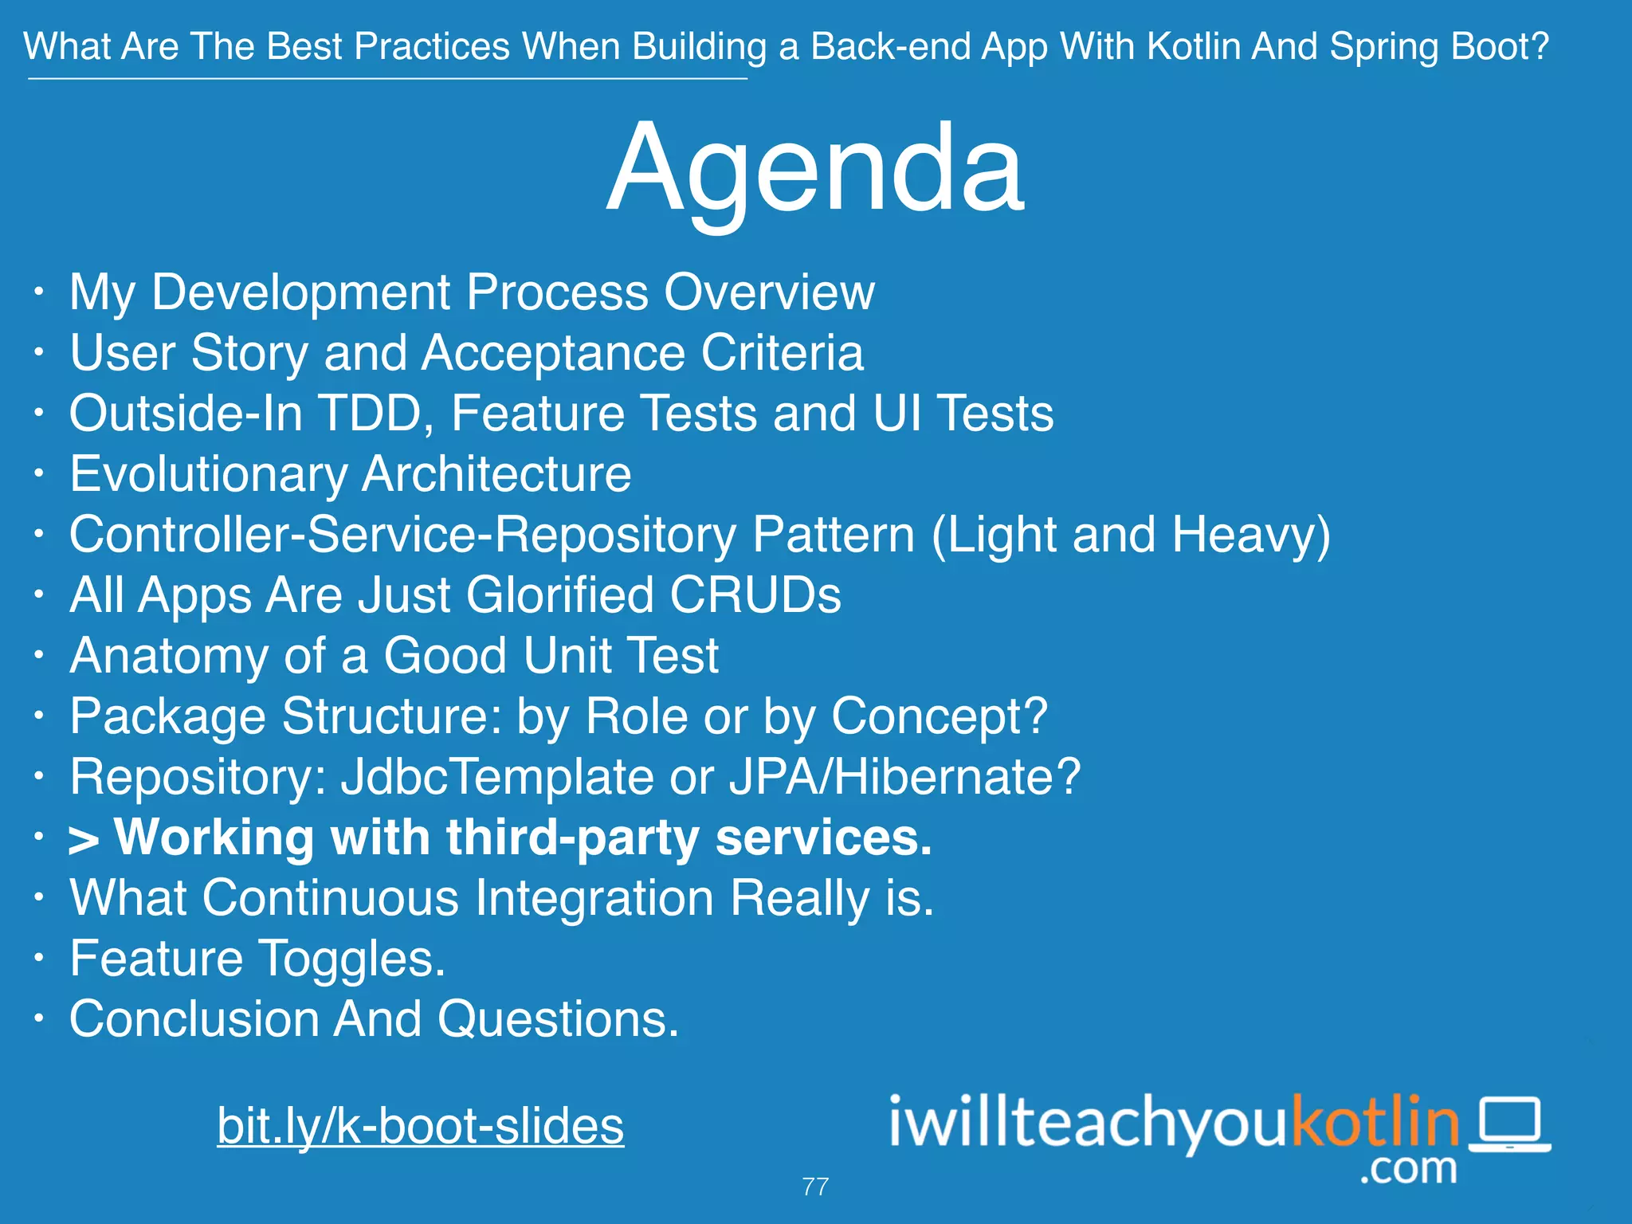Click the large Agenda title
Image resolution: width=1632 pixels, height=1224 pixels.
pos(814,169)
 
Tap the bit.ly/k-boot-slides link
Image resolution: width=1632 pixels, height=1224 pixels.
pos(420,1125)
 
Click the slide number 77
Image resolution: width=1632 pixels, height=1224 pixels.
pos(815,1187)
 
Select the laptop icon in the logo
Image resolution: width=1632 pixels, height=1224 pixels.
pos(1509,1124)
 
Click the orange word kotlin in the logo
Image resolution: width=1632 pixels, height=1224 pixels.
pos(1374,1122)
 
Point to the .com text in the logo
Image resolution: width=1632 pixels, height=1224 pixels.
pos(1408,1169)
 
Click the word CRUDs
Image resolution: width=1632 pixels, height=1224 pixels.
pos(755,595)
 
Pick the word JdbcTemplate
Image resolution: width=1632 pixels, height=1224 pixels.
pos(497,777)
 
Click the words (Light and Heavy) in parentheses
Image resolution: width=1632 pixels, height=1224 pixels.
pos(1131,535)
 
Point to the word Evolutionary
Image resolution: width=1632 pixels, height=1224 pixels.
pos(208,475)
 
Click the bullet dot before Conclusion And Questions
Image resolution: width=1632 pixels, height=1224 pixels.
pos(38,1018)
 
